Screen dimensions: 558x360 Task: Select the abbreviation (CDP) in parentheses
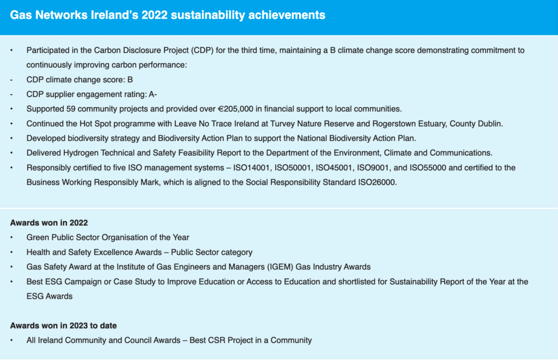[x=202, y=51]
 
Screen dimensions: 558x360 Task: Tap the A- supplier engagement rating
[x=153, y=94]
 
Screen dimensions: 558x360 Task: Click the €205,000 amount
[x=235, y=109]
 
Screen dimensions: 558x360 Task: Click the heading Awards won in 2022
[x=48, y=223]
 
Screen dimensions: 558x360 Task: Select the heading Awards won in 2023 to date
[x=63, y=326]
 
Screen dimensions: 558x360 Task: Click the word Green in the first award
[x=38, y=237]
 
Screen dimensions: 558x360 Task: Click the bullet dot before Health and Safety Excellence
[x=11, y=252]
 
